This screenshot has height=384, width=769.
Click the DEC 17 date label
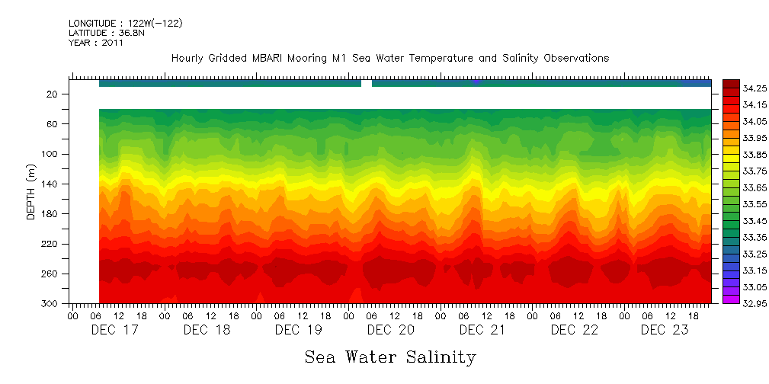[x=114, y=330]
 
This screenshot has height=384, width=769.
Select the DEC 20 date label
[x=390, y=330]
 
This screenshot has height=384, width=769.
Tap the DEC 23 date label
[x=665, y=330]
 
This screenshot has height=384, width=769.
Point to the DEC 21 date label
[x=482, y=330]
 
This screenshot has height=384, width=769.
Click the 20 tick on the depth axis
[x=53, y=94]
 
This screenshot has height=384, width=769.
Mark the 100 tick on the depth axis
[x=50, y=154]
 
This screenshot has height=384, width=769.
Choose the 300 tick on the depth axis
[x=50, y=303]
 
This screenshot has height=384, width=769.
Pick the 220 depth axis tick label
[x=50, y=244]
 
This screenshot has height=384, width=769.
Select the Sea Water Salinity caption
[x=390, y=357]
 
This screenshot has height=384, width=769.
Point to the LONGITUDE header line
[x=125, y=24]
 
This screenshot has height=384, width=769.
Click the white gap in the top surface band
[x=367, y=83]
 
